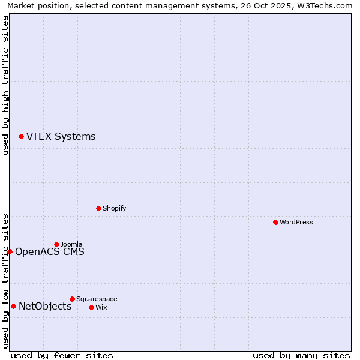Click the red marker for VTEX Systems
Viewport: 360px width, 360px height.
(21, 137)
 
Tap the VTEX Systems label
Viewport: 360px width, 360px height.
(61, 137)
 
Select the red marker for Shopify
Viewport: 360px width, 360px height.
(98, 208)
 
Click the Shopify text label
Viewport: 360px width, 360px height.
(114, 208)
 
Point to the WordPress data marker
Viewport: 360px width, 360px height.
(275, 222)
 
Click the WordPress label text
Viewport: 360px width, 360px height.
(296, 222)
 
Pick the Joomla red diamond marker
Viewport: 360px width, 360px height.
(56, 244)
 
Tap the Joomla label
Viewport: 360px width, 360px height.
(71, 244)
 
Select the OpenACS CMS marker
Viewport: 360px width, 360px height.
(10, 251)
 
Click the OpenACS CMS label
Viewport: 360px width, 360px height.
(49, 252)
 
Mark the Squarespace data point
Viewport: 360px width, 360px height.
(72, 299)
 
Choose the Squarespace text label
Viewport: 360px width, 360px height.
(97, 299)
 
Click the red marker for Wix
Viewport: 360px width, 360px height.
(91, 307)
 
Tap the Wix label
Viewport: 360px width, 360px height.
(101, 307)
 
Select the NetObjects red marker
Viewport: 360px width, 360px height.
(13, 307)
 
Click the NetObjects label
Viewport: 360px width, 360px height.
(45, 307)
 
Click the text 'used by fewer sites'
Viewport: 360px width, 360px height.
(62, 355)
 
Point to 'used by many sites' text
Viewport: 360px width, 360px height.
(301, 355)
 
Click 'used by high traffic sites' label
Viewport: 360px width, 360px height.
(5, 85)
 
